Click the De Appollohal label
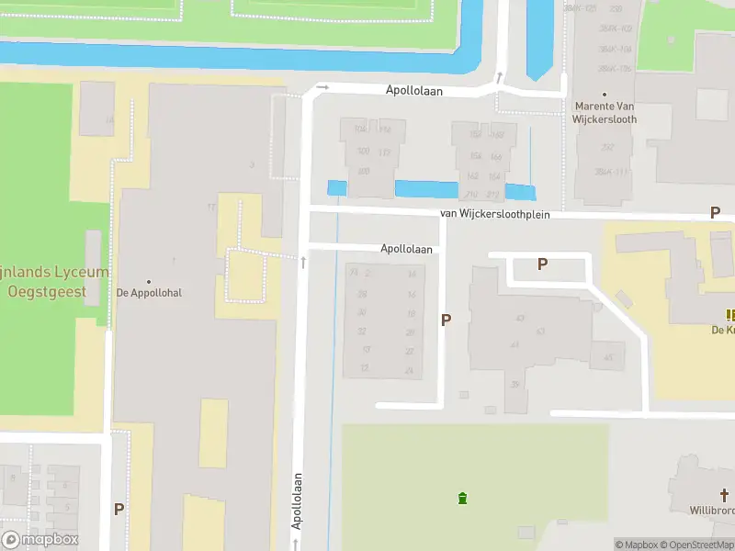point(149,294)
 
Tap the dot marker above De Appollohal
point(149,281)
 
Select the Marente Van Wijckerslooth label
point(605,112)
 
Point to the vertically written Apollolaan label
point(298,500)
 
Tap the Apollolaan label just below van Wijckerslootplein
point(406,249)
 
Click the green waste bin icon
point(462,498)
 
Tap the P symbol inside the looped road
point(542,264)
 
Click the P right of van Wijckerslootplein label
point(715,213)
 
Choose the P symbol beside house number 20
point(447,320)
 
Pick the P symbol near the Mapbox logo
point(119,509)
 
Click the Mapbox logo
point(40,540)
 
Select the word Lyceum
point(77,273)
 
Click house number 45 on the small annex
point(607,357)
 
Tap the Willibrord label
point(712,508)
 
